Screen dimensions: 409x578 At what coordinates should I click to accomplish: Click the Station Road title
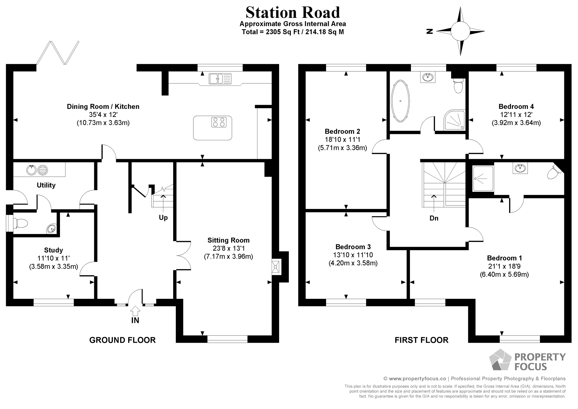point(293,13)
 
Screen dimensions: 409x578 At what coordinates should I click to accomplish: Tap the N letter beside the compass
point(429,32)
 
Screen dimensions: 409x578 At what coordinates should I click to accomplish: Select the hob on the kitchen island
point(218,122)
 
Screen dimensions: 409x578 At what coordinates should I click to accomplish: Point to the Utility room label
point(46,185)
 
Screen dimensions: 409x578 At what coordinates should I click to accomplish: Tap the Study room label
point(53,250)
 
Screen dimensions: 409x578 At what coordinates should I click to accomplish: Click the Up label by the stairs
point(163,217)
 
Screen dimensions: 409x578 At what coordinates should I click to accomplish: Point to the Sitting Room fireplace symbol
point(276,267)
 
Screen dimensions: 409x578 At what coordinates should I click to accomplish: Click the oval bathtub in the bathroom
point(400,101)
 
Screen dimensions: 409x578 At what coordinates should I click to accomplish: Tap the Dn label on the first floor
point(434,218)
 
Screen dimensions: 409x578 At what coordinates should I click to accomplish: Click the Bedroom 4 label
point(516,107)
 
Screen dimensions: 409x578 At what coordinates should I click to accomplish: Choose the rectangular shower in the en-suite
point(483,179)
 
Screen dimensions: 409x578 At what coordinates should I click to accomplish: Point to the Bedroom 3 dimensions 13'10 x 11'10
point(353,255)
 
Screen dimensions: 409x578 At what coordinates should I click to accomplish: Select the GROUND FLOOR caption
point(122,340)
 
